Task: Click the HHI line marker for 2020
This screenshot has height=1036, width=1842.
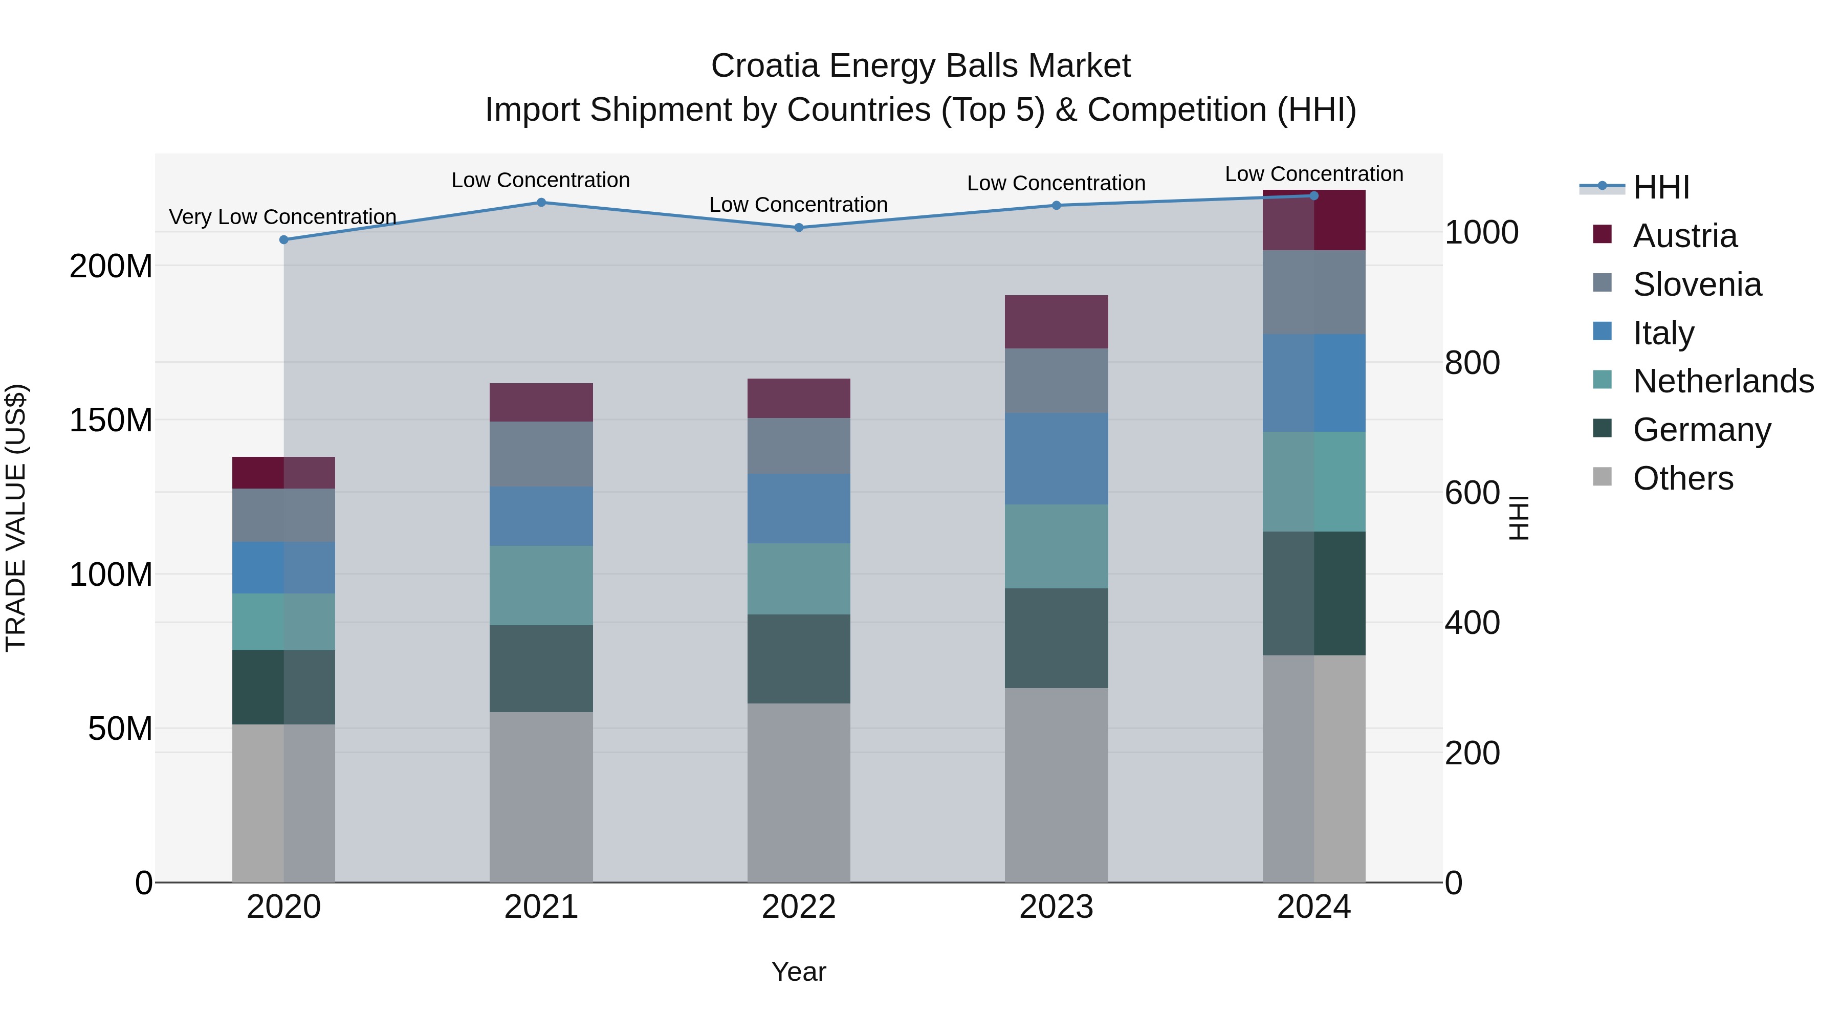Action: tap(284, 239)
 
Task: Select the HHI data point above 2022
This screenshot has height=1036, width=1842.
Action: tap(799, 227)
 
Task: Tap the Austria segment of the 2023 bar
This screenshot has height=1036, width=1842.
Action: tap(1056, 322)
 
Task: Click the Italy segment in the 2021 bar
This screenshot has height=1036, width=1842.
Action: tap(541, 516)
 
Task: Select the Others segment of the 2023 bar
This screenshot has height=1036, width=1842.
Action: tap(1056, 785)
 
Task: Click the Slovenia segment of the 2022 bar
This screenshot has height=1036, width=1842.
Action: tap(799, 446)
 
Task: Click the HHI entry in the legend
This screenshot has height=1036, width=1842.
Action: tap(1661, 187)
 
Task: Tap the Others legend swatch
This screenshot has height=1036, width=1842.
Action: tap(1603, 477)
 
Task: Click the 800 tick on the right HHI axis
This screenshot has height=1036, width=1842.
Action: tap(1472, 363)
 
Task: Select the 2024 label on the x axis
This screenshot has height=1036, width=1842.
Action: tap(1313, 907)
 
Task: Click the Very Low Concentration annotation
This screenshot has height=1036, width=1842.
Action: tap(282, 216)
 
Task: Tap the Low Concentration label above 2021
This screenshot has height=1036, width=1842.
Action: tap(541, 180)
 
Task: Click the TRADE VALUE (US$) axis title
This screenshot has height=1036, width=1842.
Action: tap(16, 518)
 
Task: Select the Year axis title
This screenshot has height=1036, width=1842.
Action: tap(799, 972)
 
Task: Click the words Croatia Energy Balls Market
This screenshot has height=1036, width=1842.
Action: tap(920, 66)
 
